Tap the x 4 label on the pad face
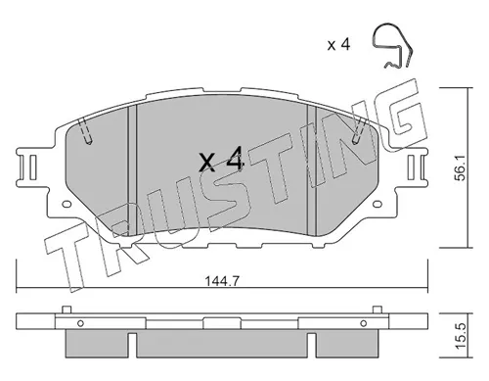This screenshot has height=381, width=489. point(220,163)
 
